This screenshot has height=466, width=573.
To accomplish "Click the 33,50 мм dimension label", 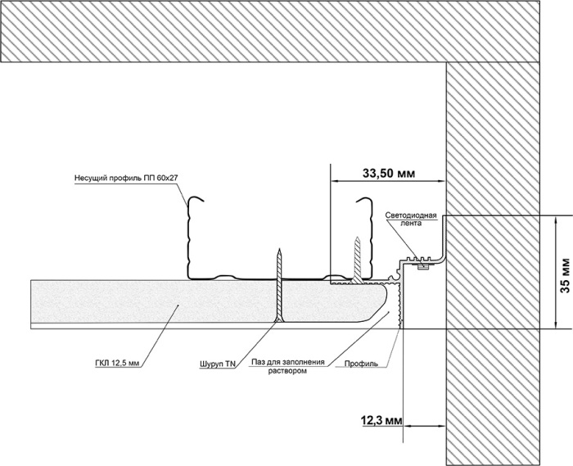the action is click(389, 174).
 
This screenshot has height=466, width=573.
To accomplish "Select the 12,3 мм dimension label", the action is click(381, 421).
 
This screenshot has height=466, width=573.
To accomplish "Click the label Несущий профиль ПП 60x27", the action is click(126, 179).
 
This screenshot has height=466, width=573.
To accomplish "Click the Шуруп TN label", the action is click(218, 364).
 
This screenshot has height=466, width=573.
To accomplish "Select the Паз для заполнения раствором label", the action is click(287, 366).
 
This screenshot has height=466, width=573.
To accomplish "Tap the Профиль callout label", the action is click(361, 364).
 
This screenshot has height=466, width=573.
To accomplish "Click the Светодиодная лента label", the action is click(411, 219).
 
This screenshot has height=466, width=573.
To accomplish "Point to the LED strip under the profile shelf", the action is click(423, 266).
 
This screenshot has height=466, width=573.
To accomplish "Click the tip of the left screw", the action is click(280, 249).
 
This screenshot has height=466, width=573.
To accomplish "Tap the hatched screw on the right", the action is click(357, 260).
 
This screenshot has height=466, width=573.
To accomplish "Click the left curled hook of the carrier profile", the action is click(195, 200).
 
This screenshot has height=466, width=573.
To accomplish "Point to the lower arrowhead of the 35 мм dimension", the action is click(556, 324).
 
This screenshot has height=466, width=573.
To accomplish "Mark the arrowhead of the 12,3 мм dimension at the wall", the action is click(442, 426).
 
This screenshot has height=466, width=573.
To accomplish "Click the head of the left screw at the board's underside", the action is click(279, 320).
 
